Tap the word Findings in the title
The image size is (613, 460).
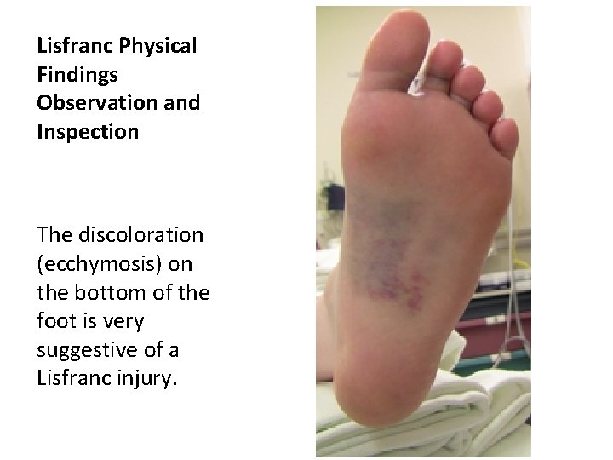[x=75, y=75]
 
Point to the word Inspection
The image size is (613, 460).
[x=88, y=132]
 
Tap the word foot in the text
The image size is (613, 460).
[x=54, y=322]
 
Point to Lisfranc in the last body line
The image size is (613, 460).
[x=72, y=379]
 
